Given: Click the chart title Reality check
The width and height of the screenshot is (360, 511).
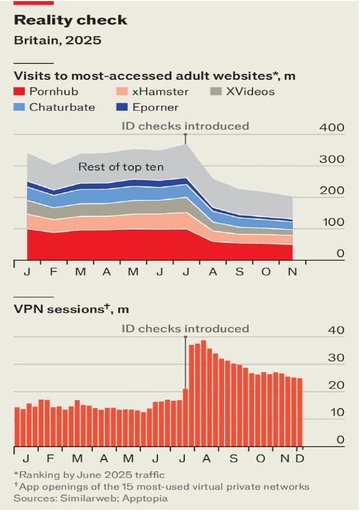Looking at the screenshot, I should [70, 21].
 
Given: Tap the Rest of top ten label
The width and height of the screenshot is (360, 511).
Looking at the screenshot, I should [121, 167].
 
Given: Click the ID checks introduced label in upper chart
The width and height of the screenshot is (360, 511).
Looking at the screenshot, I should [185, 125].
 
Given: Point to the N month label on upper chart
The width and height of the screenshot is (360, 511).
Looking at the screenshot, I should [292, 272].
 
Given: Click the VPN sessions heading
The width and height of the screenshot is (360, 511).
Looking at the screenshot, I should [71, 309].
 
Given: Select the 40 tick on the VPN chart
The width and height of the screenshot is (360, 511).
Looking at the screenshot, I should [336, 331].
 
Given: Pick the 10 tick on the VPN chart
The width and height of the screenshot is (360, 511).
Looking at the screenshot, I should [336, 413].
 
